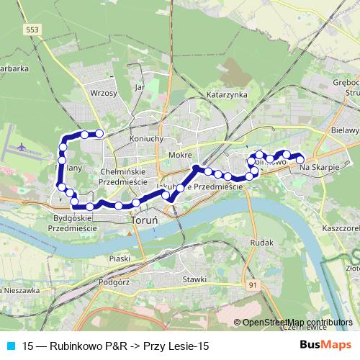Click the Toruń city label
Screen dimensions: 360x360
[140, 232]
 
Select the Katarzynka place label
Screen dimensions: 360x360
[227, 94]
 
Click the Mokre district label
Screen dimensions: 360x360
[179, 155]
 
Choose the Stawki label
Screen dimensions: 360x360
[194, 279]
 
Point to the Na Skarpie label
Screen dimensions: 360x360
[318, 167]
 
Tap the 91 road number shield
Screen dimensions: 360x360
[253, 286]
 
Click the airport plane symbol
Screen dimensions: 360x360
[22, 147]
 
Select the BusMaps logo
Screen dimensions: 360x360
[324, 345]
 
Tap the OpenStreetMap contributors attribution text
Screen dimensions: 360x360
[297, 323]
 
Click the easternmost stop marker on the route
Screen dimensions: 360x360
[300, 159]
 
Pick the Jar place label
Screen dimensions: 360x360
[140, 87]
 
